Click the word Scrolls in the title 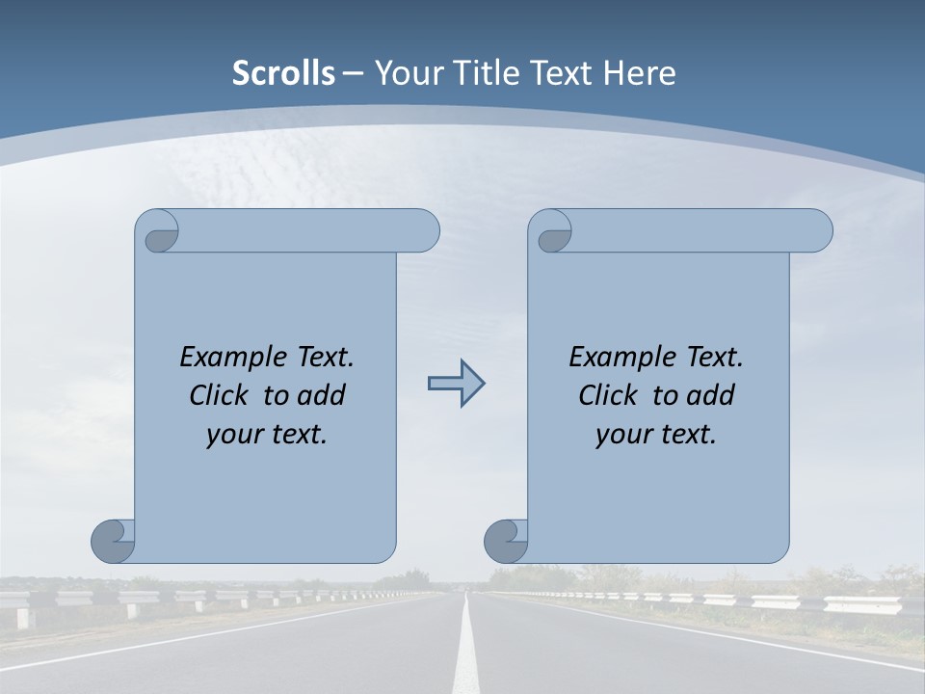coord(283,73)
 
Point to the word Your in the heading coord(406,73)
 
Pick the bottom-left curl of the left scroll coord(113,541)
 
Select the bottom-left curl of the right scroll coord(506,541)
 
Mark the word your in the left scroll coord(233,435)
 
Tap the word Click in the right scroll coord(606,395)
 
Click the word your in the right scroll coord(622,435)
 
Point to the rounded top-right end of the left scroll coord(425,230)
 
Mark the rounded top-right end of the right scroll coord(818,230)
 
